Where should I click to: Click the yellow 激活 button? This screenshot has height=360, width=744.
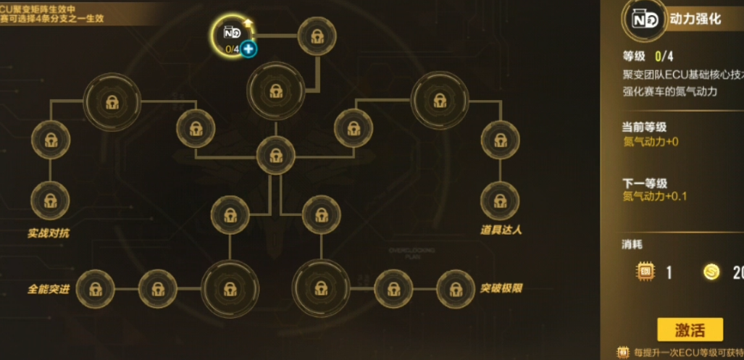[690, 330]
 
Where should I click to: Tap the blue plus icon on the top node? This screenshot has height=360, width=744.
[248, 49]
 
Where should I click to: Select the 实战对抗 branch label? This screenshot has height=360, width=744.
[49, 233]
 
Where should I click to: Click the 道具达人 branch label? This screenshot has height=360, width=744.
[501, 230]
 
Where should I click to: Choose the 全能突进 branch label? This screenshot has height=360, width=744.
[49, 289]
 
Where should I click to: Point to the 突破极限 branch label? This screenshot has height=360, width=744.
[501, 288]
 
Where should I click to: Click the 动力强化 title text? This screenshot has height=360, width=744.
[695, 20]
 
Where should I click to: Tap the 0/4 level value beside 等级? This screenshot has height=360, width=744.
[664, 56]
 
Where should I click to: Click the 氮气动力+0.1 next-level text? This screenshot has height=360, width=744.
[655, 196]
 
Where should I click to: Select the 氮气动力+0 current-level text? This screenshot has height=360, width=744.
[651, 142]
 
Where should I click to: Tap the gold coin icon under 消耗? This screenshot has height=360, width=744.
[711, 272]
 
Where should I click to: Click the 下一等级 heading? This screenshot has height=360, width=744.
[645, 183]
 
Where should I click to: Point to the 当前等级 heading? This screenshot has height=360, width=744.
[645, 127]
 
